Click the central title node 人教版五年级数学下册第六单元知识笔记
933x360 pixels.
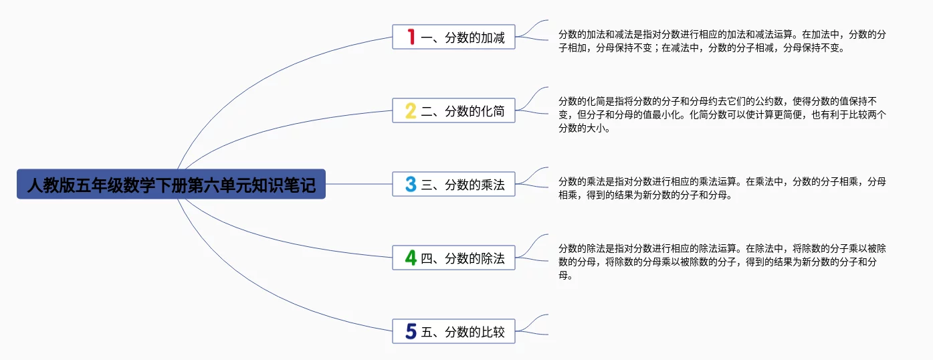pyautogui.click(x=171, y=184)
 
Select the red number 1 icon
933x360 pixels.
pyautogui.click(x=411, y=37)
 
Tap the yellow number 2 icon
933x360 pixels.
pyautogui.click(x=411, y=111)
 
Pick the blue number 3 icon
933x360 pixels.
pyautogui.click(x=411, y=184)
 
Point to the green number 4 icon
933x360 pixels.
pyautogui.click(x=411, y=258)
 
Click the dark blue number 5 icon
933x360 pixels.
pyautogui.click(x=411, y=331)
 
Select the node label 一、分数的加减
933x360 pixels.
pyautogui.click(x=463, y=37)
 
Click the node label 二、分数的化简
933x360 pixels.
pyautogui.click(x=463, y=111)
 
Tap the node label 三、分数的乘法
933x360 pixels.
pyautogui.click(x=463, y=185)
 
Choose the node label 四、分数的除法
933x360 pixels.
pyautogui.click(x=463, y=258)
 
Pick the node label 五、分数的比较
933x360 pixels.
pyautogui.click(x=463, y=332)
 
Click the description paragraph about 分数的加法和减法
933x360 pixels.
pyautogui.click(x=722, y=41)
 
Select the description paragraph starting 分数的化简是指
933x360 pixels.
pyautogui.click(x=722, y=114)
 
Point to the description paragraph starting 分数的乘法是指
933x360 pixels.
pyautogui.click(x=722, y=188)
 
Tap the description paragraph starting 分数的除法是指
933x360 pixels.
pyautogui.click(x=722, y=262)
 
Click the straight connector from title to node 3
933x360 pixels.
pyautogui.click(x=359, y=184)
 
